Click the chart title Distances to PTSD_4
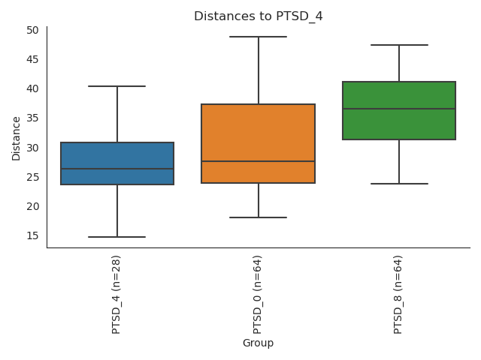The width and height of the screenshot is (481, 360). [258, 16]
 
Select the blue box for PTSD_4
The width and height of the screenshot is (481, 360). [117, 157]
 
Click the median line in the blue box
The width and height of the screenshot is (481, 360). [117, 169]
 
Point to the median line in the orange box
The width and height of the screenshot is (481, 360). [258, 161]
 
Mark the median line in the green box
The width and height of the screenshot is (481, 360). [399, 109]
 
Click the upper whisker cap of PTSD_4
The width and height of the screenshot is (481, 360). [117, 86]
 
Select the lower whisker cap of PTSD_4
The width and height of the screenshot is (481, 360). [117, 237]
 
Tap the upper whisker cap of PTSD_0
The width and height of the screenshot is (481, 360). [258, 37]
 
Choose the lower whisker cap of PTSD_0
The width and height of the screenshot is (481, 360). [258, 217]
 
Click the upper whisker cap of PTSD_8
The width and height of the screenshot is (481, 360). [399, 45]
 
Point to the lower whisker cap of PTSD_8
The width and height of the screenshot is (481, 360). [399, 184]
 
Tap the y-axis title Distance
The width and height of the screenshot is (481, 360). [17, 137]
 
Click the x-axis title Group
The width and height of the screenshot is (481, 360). [258, 343]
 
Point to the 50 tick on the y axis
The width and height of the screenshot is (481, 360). [32, 30]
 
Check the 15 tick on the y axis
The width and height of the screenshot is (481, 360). [32, 235]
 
